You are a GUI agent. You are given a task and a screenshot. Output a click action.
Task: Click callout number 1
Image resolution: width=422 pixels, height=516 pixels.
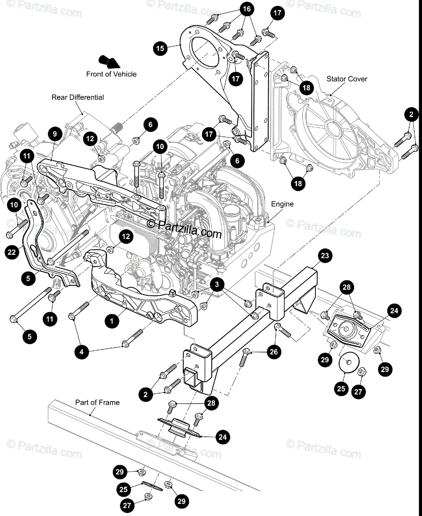tap(112, 320)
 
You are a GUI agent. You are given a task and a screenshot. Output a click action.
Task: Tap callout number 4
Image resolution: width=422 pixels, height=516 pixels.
tap(82, 352)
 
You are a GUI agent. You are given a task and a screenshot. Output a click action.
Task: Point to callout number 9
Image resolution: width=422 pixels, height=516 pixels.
tap(55, 134)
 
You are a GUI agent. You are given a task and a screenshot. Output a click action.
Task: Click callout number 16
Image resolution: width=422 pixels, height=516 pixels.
tap(246, 9)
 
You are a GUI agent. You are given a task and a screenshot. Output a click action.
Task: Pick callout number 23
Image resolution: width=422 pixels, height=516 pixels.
tap(325, 256)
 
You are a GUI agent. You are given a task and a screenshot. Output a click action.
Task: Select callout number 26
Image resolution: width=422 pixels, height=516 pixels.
tap(273, 352)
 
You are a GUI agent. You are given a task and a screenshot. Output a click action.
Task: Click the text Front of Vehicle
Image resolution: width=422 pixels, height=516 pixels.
tap(111, 74)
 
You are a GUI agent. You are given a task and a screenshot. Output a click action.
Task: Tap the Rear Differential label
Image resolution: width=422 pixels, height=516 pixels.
tap(78, 97)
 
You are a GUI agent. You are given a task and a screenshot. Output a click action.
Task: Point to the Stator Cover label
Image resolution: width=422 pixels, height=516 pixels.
tap(347, 79)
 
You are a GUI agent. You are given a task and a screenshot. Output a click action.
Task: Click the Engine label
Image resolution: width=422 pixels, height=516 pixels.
tap(282, 204)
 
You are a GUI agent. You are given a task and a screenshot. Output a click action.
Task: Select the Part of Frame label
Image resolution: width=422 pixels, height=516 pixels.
tap(98, 402)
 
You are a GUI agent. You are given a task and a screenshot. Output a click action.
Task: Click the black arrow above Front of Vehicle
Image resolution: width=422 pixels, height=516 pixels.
tap(108, 61)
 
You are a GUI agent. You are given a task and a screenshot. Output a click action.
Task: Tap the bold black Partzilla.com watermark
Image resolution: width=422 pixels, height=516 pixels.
tap(185, 228)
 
